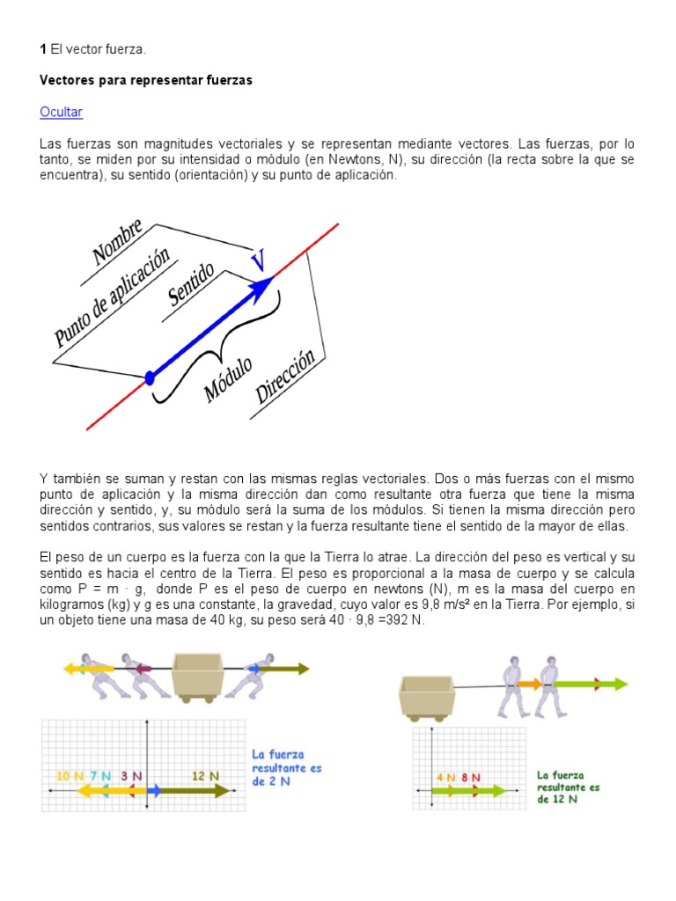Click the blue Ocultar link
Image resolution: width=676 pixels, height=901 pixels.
(x=61, y=112)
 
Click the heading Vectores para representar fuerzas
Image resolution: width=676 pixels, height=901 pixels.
(x=146, y=80)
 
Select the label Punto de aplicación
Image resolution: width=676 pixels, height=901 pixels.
(x=112, y=296)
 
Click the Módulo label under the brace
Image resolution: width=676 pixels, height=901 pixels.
(x=229, y=379)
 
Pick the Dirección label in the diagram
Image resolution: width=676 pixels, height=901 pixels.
(x=285, y=377)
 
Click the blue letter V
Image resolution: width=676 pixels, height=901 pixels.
(x=257, y=260)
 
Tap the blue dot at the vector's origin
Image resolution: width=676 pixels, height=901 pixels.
(x=150, y=378)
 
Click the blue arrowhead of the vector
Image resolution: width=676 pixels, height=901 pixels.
(x=261, y=290)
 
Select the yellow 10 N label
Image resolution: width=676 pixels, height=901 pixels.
(x=70, y=775)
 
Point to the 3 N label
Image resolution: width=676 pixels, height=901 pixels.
(x=131, y=775)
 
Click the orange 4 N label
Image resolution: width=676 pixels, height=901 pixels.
(x=446, y=777)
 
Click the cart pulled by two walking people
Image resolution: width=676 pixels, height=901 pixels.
(x=424, y=695)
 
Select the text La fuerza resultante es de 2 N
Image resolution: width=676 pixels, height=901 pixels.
(x=286, y=768)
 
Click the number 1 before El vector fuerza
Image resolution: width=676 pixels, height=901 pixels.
(x=43, y=52)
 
